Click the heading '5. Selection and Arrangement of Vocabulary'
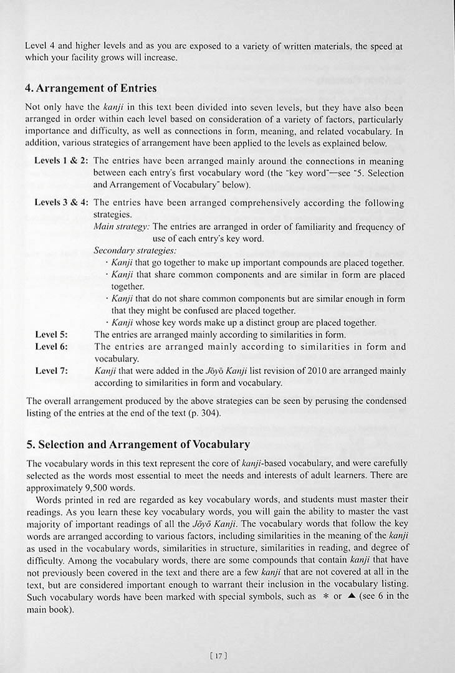coord(138,444)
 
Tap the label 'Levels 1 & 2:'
coord(61,161)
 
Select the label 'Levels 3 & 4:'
coord(61,203)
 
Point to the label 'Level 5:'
coord(51,335)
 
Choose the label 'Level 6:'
coord(51,346)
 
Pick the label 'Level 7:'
coord(51,371)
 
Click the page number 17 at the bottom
coord(218,655)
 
